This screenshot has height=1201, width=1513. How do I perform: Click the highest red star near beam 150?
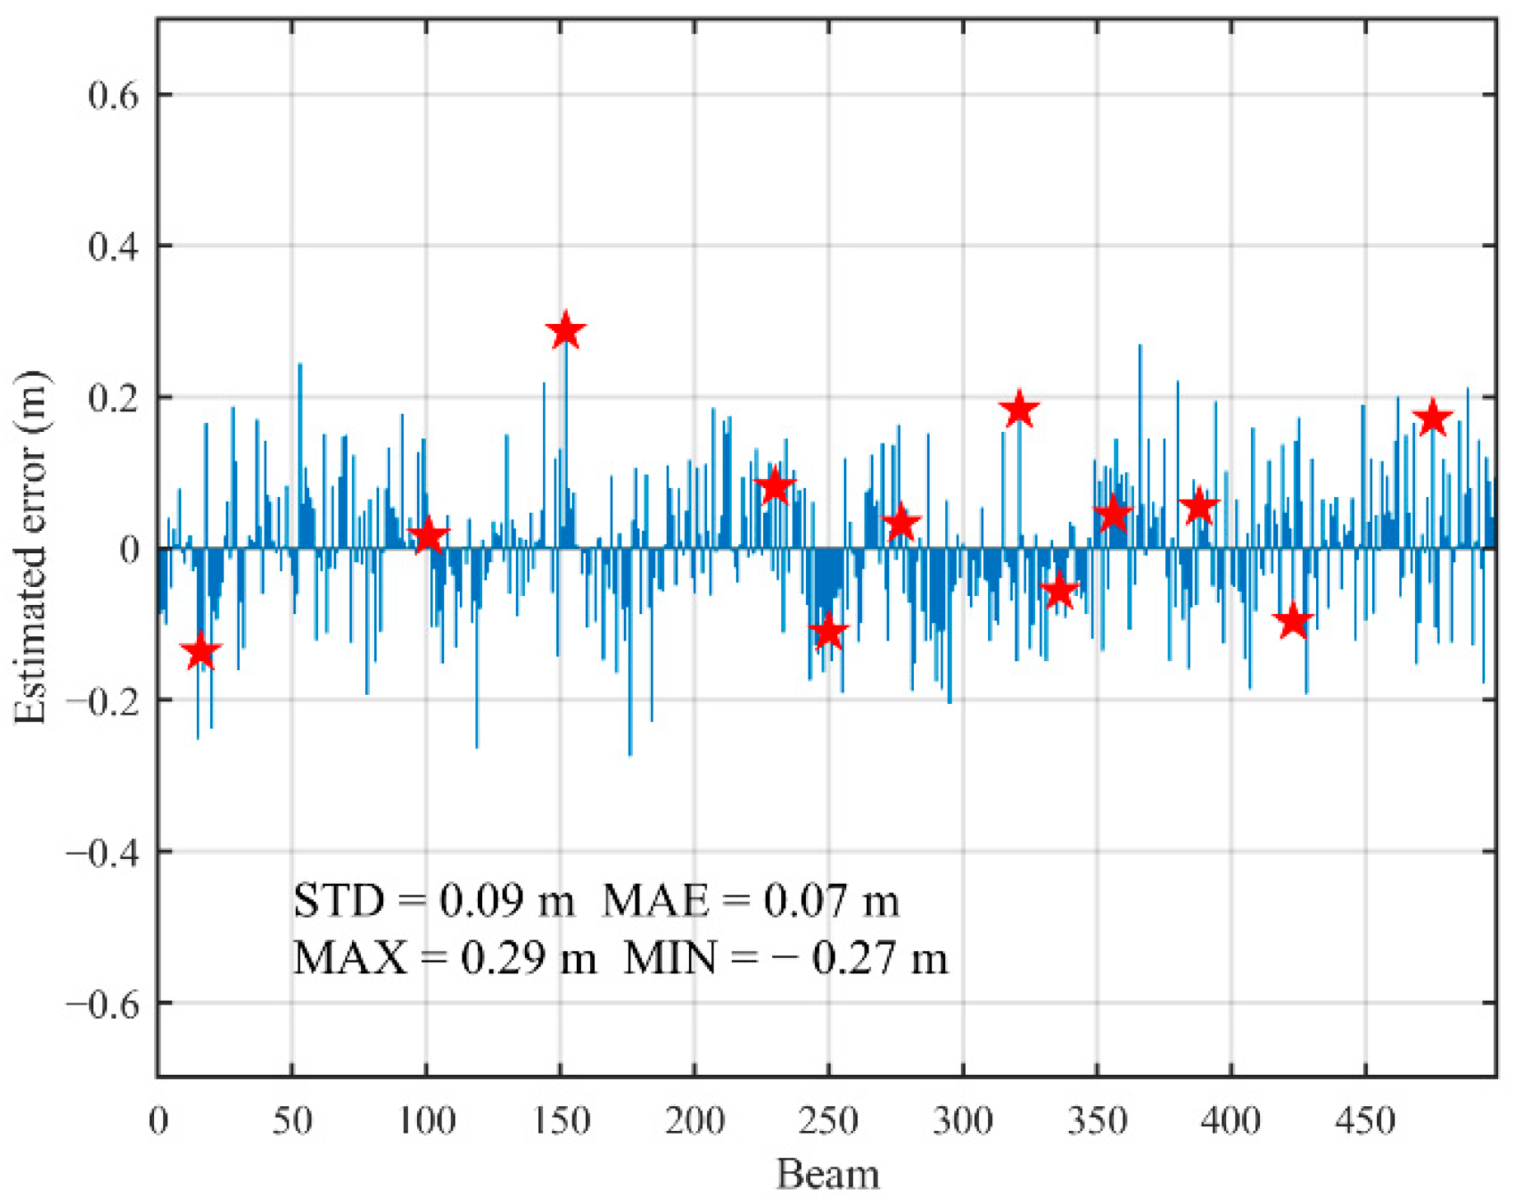pyautogui.click(x=565, y=331)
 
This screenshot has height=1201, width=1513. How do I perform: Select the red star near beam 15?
pyautogui.click(x=200, y=652)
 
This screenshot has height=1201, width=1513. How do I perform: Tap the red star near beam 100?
pyautogui.click(x=428, y=537)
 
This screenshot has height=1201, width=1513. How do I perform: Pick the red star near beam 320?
pyautogui.click(x=1019, y=410)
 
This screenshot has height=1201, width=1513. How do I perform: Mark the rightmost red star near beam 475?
pyautogui.click(x=1432, y=419)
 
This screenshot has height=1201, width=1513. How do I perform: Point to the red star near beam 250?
pyautogui.click(x=828, y=632)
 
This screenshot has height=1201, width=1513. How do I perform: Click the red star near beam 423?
pyautogui.click(x=1293, y=621)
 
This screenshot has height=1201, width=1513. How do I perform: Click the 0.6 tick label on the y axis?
pyautogui.click(x=113, y=96)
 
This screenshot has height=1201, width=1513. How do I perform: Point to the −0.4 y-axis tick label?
pyautogui.click(x=102, y=851)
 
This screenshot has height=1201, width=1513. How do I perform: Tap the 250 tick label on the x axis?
pyautogui.click(x=828, y=1121)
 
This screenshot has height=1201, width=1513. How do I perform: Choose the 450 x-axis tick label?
pyautogui.click(x=1365, y=1121)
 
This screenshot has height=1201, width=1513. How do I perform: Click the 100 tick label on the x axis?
pyautogui.click(x=426, y=1121)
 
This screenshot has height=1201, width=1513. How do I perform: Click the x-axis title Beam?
pyautogui.click(x=827, y=1174)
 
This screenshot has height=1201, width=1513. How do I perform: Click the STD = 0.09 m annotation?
pyautogui.click(x=434, y=900)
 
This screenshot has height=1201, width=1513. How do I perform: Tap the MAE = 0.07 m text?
pyautogui.click(x=751, y=900)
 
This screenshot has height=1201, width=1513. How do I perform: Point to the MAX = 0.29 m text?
pyautogui.click(x=445, y=959)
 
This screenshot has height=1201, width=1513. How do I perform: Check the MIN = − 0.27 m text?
pyautogui.click(x=785, y=959)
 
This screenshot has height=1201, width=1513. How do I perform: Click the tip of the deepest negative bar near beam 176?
pyautogui.click(x=630, y=754)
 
